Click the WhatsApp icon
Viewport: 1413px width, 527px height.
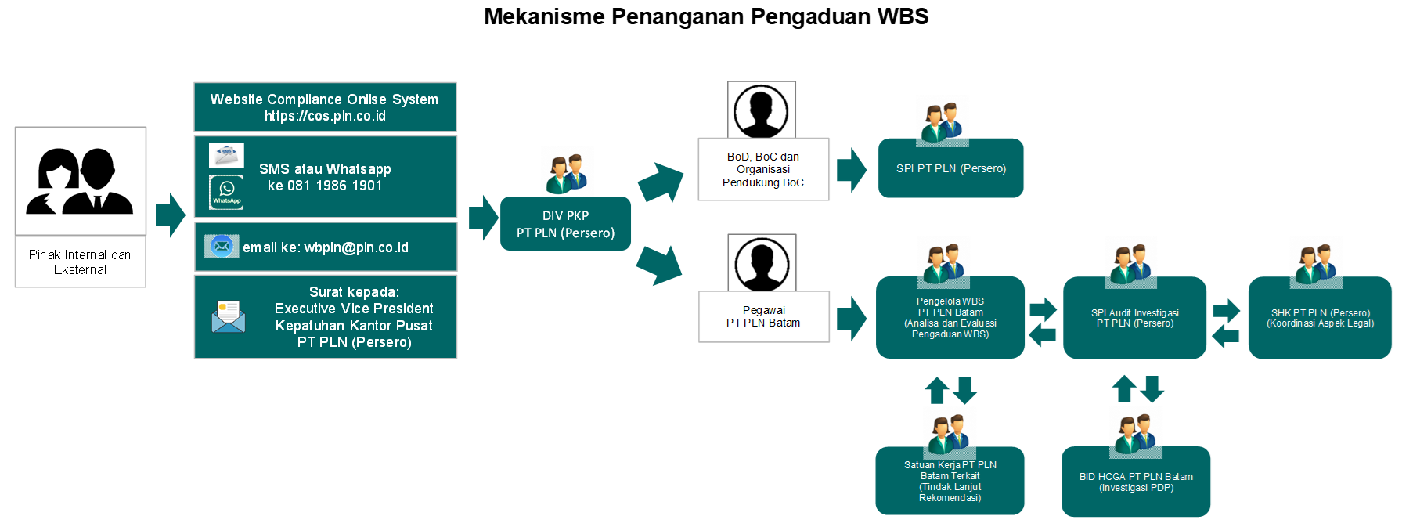click(x=226, y=192)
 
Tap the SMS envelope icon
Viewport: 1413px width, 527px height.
click(x=226, y=155)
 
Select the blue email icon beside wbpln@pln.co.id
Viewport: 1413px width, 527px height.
click(x=222, y=246)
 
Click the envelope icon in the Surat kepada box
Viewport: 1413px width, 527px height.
click(x=229, y=317)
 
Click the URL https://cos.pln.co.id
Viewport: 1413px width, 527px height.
click(x=325, y=116)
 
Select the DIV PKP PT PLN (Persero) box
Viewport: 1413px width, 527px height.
click(x=565, y=224)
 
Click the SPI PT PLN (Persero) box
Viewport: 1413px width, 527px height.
click(x=950, y=168)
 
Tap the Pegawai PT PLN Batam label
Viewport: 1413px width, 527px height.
click(x=763, y=316)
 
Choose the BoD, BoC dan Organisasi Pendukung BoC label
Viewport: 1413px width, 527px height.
click(x=763, y=169)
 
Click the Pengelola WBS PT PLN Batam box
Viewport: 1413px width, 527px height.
click(x=950, y=318)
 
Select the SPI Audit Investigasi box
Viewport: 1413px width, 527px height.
click(x=1134, y=318)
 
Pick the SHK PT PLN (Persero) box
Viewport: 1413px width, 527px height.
click(x=1320, y=318)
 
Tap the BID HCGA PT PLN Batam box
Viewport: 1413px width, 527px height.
click(x=1136, y=482)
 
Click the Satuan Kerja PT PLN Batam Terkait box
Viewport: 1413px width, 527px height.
click(x=950, y=482)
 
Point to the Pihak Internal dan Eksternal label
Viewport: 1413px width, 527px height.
click(x=80, y=262)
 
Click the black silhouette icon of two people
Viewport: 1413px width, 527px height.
click(x=80, y=181)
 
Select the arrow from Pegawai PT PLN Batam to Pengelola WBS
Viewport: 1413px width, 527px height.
click(x=852, y=318)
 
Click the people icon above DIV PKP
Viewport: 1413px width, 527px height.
click(x=568, y=171)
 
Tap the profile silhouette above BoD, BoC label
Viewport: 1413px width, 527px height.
click(x=762, y=110)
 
